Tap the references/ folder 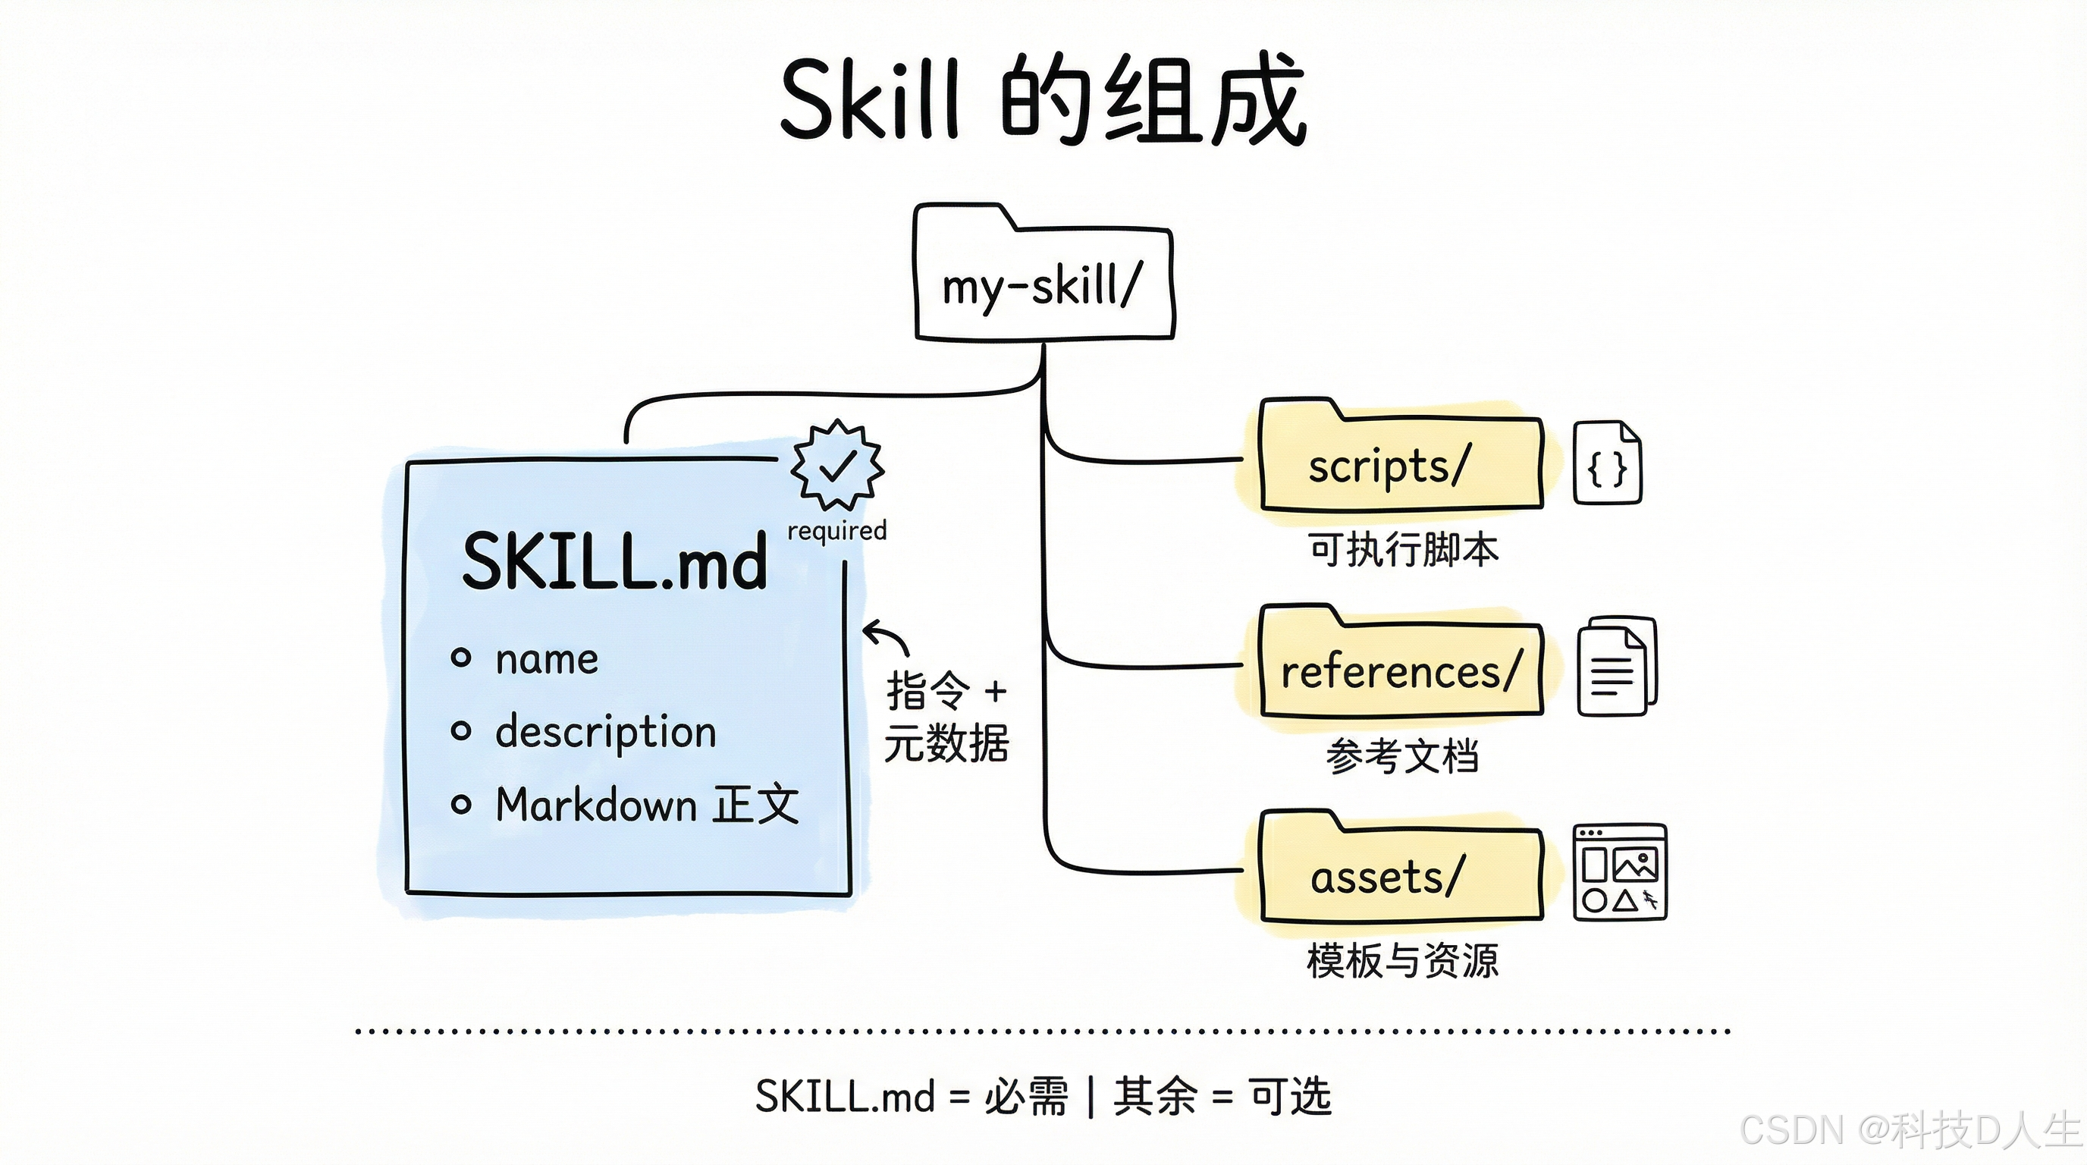(x=1400, y=671)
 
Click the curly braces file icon (x=1606, y=464)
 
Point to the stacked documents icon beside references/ (x=1616, y=667)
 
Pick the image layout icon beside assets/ (x=1619, y=872)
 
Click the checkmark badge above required (x=837, y=464)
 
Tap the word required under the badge (x=837, y=531)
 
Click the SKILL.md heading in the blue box (x=614, y=561)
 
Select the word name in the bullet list (x=547, y=658)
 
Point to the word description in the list (x=606, y=732)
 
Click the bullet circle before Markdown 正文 (x=461, y=805)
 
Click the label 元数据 (x=946, y=743)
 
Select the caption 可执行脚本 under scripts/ (x=1402, y=549)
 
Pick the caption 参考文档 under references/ (x=1402, y=756)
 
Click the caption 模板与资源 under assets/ (x=1402, y=961)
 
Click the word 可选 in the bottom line (x=1290, y=1096)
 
